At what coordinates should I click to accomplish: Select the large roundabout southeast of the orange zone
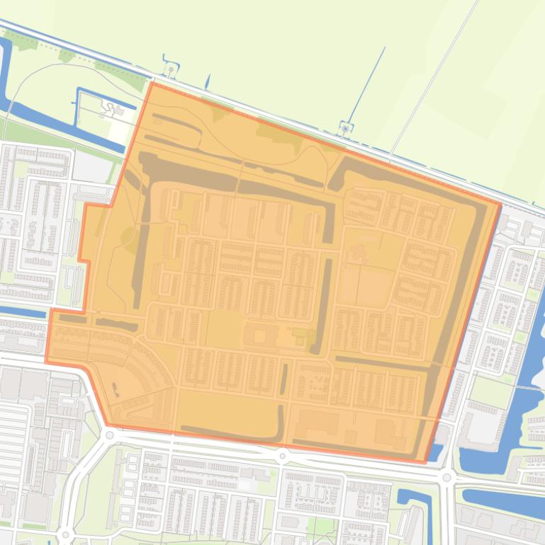point(446,478)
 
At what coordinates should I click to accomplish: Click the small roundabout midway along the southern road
point(282,457)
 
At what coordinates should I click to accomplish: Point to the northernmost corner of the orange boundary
point(152,83)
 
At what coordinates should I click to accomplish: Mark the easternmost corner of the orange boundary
point(500,205)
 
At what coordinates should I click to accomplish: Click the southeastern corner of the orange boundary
point(426,462)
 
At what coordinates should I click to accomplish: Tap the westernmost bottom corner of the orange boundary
point(47,362)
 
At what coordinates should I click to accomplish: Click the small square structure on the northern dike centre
point(345,129)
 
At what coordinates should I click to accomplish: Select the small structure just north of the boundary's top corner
point(170,71)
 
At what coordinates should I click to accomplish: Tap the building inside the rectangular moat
point(110,108)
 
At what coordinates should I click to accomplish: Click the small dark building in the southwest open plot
point(115,387)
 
